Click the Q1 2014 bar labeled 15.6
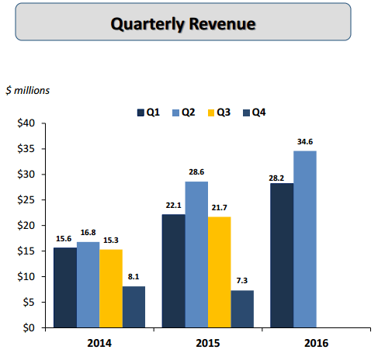tap(64, 287)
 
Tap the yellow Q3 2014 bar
tap(110, 288)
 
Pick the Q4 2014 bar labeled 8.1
tap(134, 306)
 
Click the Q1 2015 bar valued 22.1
tap(173, 271)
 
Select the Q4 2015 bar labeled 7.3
tap(242, 309)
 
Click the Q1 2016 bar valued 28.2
tap(282, 255)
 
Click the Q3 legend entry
tap(220, 112)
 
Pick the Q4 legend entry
tap(255, 112)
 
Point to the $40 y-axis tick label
tap(26, 123)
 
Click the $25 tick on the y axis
tap(26, 199)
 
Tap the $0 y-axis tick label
tap(29, 327)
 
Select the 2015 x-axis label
tap(207, 342)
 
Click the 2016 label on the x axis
tap(316, 342)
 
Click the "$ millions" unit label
tap(27, 90)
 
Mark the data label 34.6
tap(305, 142)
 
